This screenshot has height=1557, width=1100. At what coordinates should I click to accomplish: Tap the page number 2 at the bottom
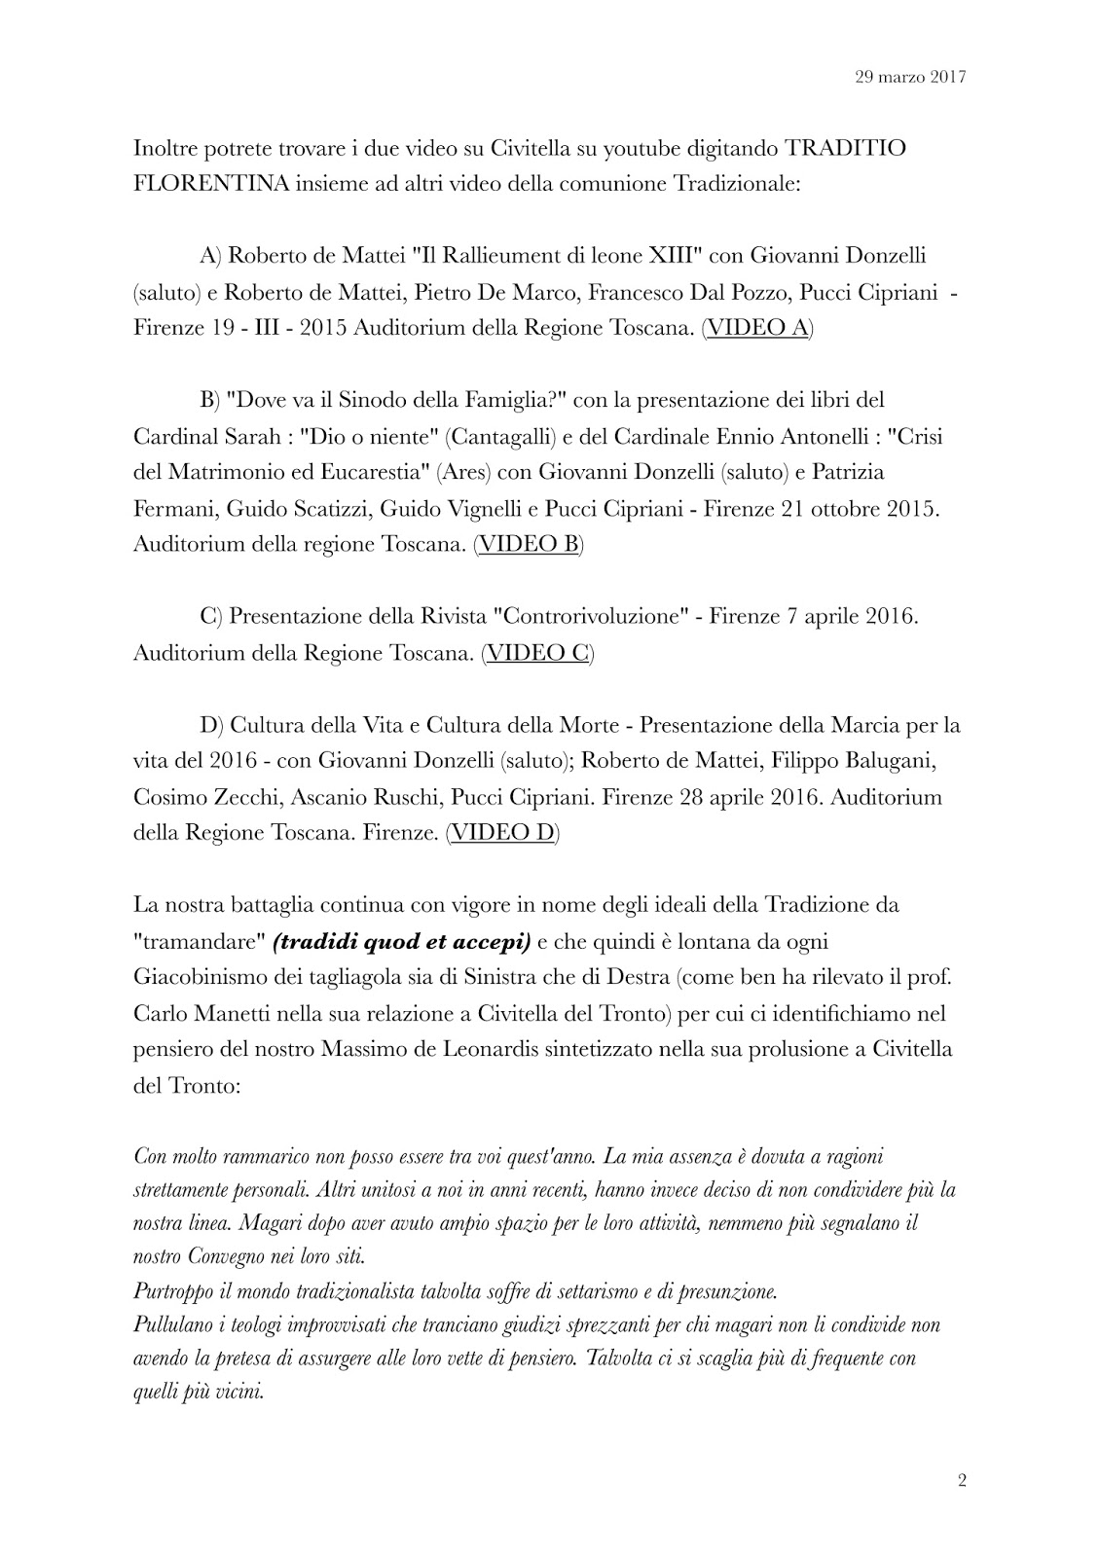pos(962,1482)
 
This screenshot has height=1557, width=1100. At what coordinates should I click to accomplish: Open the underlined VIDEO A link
pos(757,328)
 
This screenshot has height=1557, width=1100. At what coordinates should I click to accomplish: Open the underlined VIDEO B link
pos(529,544)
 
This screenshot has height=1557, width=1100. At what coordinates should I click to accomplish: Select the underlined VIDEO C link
pos(537,652)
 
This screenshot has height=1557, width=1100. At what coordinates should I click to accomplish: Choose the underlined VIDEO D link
pos(502,833)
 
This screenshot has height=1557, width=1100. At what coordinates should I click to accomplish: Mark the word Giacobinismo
pos(202,977)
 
